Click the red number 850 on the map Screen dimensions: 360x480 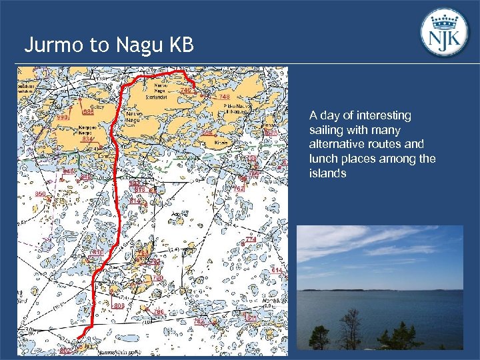point(41,194)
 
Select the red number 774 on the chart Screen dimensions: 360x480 point(251,239)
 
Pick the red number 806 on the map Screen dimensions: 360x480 point(119,305)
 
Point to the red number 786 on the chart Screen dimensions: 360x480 point(159,311)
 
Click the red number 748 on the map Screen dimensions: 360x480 point(224,97)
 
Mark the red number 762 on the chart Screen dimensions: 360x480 point(239,189)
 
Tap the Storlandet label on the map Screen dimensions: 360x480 point(156,95)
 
